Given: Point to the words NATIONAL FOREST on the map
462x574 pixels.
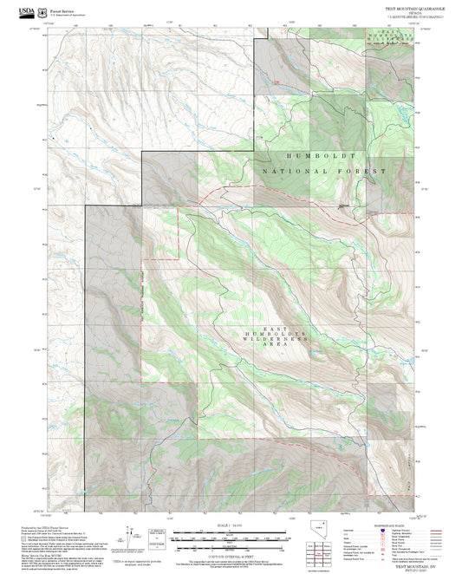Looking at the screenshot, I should [x=322, y=172].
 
